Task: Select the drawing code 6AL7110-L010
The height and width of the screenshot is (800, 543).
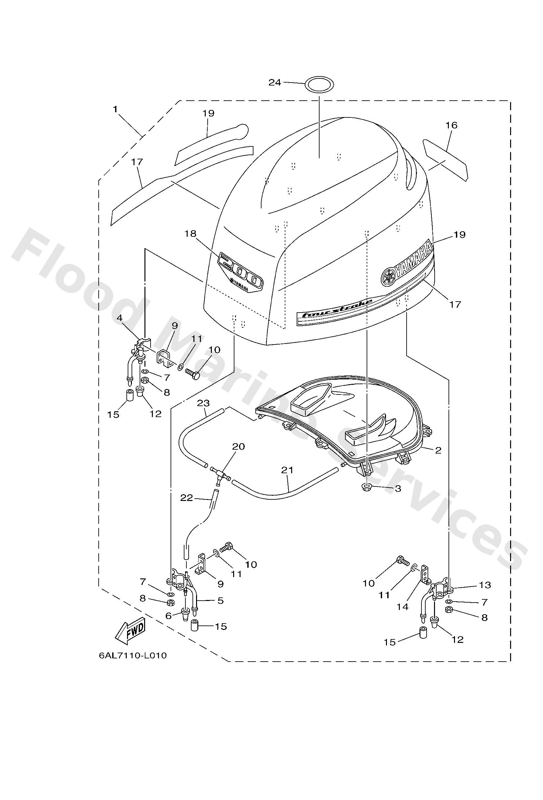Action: point(133,655)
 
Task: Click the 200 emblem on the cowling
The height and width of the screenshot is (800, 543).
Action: point(240,271)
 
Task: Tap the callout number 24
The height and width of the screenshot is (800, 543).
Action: point(275,83)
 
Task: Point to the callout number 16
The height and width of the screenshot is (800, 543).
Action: point(451,125)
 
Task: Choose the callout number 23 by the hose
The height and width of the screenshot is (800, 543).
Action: point(203,403)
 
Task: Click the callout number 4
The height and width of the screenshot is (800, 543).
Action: point(119,318)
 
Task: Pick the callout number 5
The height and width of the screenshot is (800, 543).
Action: point(220,601)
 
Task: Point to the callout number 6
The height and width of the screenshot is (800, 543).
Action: point(168,616)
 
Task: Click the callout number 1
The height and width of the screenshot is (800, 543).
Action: point(115,109)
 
